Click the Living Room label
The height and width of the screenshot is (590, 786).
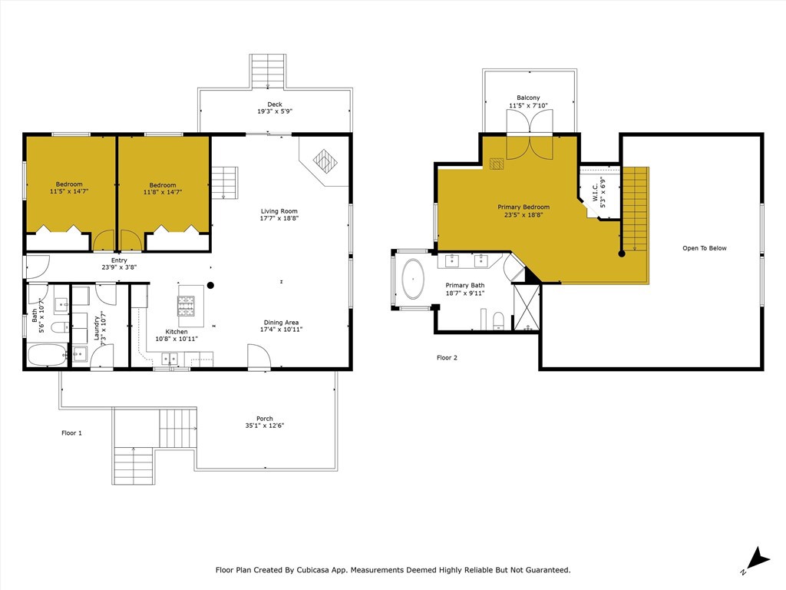tap(279, 211)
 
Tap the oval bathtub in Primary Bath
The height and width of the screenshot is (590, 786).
tap(414, 279)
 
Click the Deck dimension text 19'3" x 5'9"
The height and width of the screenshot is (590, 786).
tap(275, 112)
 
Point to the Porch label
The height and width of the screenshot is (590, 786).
tap(264, 419)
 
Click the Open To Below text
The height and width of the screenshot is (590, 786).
tap(704, 248)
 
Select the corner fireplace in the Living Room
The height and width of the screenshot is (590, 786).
tap(325, 161)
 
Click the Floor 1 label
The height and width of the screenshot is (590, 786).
tap(71, 433)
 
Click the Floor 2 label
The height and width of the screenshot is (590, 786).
tap(447, 358)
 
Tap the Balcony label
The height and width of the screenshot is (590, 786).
tap(528, 98)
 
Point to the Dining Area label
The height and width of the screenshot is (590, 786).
tap(279, 323)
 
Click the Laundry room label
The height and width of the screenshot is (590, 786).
tap(97, 327)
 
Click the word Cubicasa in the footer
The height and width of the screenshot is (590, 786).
tap(327, 570)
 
